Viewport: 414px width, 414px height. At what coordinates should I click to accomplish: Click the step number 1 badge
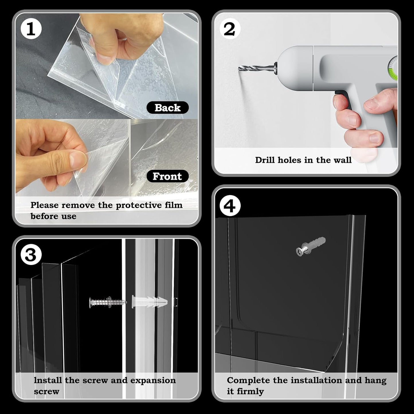click(x=31, y=29)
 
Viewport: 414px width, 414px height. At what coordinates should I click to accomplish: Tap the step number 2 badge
click(x=229, y=29)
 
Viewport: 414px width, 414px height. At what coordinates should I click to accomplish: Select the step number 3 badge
click(x=31, y=254)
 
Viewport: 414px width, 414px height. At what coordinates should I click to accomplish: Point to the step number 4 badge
click(x=229, y=206)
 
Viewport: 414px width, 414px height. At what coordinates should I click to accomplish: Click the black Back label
click(x=168, y=108)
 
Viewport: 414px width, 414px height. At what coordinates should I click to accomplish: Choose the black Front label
click(x=167, y=176)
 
